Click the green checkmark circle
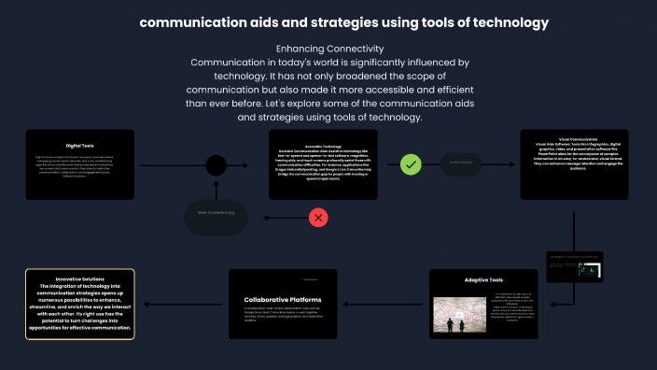tap(412, 165)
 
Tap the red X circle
tap(319, 218)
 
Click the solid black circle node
tap(216, 166)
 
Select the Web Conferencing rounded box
tap(216, 213)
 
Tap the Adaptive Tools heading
tap(483, 280)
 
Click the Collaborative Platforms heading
tap(283, 299)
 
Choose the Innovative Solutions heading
tap(79, 278)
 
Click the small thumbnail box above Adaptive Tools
tap(575, 266)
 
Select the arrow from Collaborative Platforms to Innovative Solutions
tap(181, 303)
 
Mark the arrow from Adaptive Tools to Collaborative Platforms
tap(383, 303)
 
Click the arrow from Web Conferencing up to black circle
tap(216, 188)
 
